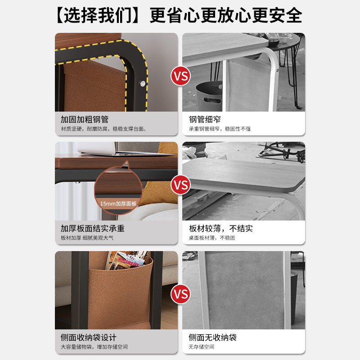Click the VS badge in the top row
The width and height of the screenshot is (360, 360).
pos(180,76)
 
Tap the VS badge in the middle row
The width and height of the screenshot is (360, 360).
pos(180,185)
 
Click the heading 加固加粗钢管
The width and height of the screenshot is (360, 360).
pos(85,120)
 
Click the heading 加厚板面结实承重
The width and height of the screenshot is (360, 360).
pos(93,229)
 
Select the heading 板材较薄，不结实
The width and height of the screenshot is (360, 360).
pos(221,229)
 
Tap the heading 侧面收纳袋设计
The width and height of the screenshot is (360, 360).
pos(89,337)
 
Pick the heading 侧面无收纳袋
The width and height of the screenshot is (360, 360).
pos(212,337)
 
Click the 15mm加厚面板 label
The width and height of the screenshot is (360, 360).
pos(118,203)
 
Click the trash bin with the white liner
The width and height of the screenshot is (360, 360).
pos(209,95)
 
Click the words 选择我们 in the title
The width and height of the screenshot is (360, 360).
pos(96,16)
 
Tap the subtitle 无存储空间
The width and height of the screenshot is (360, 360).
pos(202,347)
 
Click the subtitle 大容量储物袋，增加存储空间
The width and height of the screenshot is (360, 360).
pos(94,347)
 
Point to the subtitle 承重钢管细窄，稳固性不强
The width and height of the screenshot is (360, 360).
pos(220,129)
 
